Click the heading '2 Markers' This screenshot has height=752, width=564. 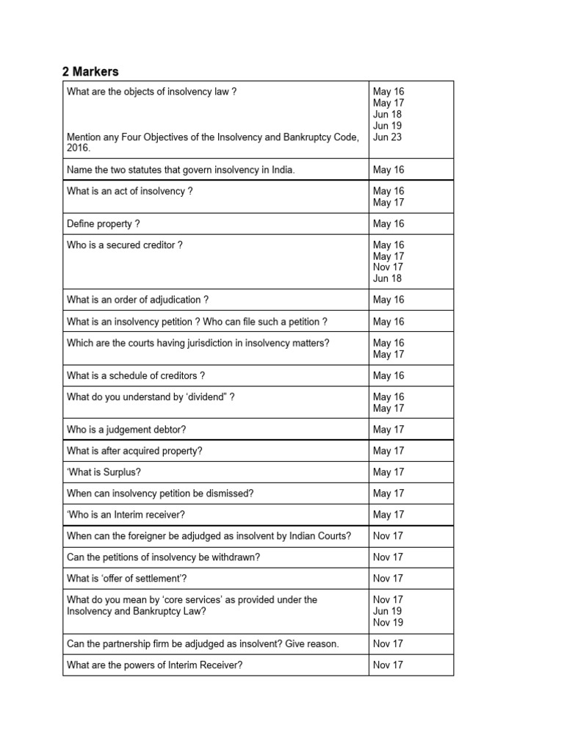(x=90, y=71)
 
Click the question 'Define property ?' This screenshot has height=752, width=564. (x=103, y=224)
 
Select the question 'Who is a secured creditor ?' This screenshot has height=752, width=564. (x=124, y=245)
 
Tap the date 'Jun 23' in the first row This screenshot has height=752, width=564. (x=387, y=137)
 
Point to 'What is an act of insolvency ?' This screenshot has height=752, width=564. (x=129, y=191)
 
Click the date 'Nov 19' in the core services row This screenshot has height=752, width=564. (x=388, y=623)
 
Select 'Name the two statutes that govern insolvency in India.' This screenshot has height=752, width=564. (x=181, y=170)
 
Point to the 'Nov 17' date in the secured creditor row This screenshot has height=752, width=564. (x=388, y=267)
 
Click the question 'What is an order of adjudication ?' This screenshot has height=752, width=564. (x=137, y=300)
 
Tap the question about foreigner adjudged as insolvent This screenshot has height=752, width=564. (x=209, y=536)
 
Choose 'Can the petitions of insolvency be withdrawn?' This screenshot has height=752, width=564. (x=163, y=557)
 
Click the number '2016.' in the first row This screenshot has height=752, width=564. (x=79, y=148)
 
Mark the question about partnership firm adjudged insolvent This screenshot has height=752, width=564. (x=203, y=644)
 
